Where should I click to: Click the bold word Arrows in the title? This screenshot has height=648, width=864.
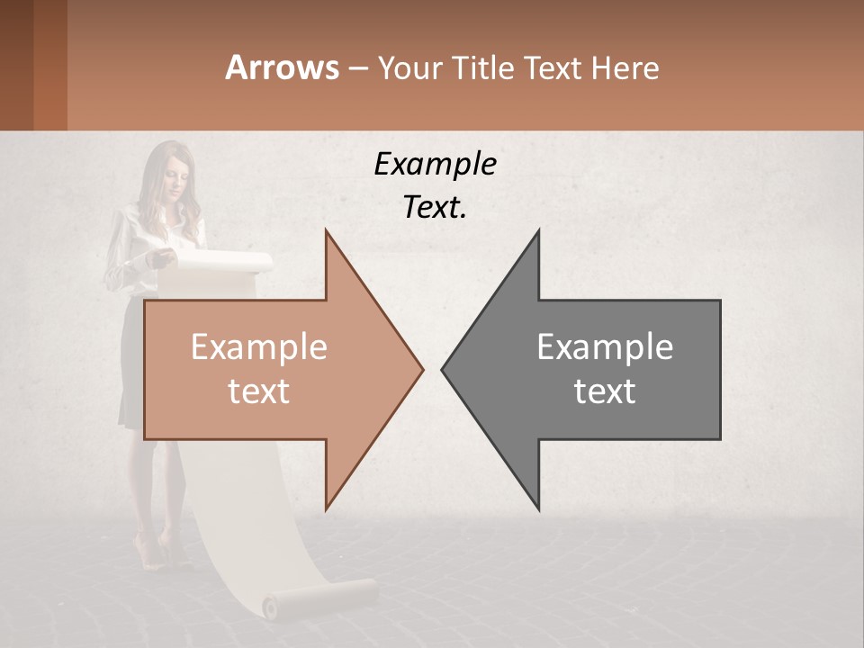(282, 67)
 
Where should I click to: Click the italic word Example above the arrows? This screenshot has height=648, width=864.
(435, 165)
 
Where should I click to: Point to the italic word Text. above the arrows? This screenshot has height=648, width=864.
(435, 208)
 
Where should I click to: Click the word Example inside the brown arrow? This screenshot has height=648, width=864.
(258, 347)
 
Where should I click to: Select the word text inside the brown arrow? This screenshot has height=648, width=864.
(258, 391)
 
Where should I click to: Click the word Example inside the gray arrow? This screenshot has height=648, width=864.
(605, 347)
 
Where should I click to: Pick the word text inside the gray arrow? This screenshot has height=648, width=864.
(605, 391)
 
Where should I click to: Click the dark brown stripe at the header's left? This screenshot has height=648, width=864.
(16, 65)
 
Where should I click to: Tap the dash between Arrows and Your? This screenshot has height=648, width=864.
(357, 68)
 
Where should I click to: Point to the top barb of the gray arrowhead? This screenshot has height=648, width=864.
(538, 234)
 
